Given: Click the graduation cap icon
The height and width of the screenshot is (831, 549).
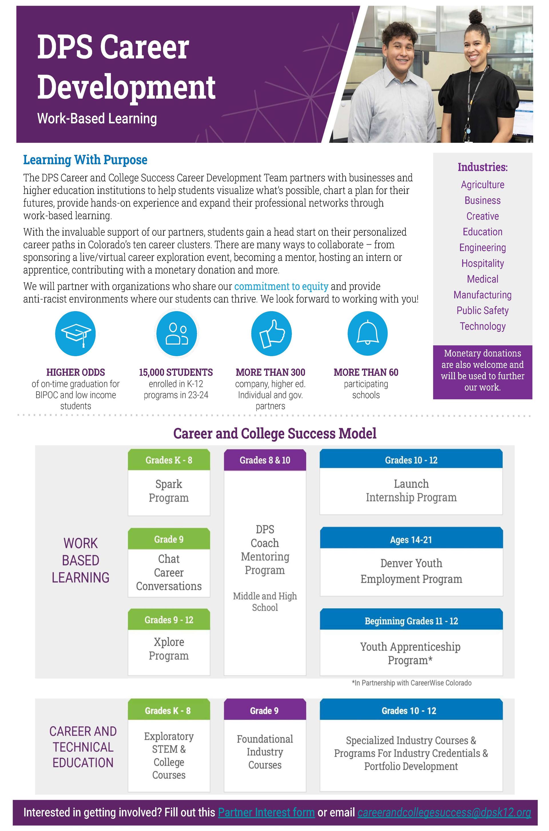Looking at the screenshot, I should tap(75, 333).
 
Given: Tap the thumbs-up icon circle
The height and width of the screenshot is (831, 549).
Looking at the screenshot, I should tap(271, 333).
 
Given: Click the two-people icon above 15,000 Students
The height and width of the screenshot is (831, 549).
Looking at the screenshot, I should tap(176, 333).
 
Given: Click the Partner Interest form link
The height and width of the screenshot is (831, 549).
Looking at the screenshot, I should tap(266, 812).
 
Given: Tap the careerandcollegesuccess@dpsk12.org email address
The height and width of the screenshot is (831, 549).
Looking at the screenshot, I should tap(444, 812).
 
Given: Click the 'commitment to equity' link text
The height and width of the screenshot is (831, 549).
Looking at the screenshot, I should tap(281, 286).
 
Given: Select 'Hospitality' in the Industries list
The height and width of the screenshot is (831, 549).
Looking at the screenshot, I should tap(482, 263).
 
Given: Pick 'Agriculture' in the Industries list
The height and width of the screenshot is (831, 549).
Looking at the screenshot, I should tap(482, 185).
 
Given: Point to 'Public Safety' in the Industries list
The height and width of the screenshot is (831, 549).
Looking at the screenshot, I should tap(482, 311).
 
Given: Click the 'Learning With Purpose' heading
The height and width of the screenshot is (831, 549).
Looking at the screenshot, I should tap(85, 160).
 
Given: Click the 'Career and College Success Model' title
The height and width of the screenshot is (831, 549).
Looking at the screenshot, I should tap(274, 434).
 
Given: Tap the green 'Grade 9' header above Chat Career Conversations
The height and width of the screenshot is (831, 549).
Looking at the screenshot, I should tap(169, 539).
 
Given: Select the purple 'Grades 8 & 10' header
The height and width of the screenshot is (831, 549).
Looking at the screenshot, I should tap(265, 460).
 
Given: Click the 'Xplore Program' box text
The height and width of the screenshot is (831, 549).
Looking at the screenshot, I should tap(169, 648).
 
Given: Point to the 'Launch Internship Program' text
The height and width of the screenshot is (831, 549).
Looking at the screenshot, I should tap(411, 490).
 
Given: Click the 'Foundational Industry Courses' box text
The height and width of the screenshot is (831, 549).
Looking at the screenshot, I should tap(265, 752).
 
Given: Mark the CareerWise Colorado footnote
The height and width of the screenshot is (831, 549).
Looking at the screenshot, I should tap(411, 683).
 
